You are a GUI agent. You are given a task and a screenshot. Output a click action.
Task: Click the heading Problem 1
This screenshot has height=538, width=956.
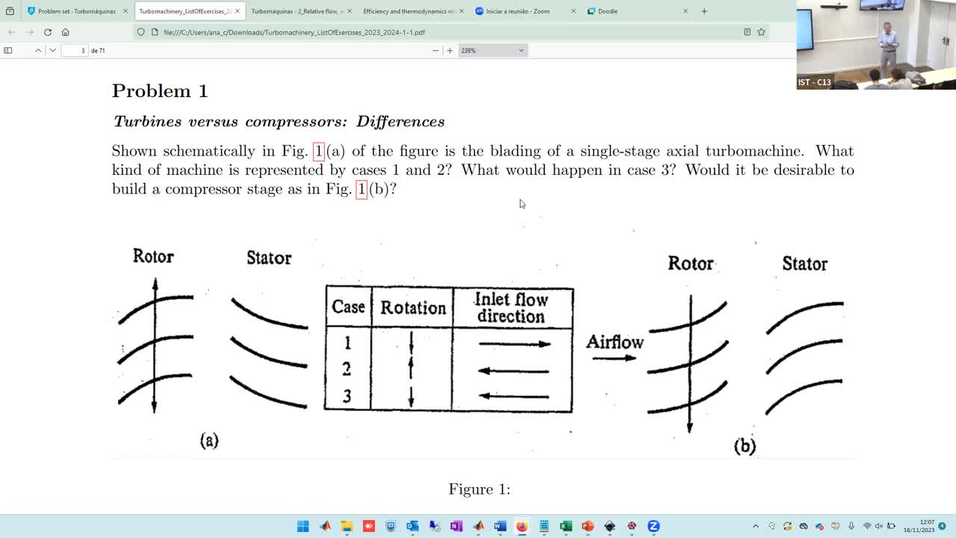point(160,91)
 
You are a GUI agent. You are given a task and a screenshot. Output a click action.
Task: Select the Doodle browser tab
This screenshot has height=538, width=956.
point(608,11)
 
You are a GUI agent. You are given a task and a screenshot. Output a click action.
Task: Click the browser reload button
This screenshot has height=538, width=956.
point(48,32)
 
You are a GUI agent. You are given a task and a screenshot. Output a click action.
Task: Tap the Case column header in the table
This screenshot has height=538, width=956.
point(348,307)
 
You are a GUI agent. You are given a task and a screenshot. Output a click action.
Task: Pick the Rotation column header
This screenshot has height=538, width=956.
point(412,308)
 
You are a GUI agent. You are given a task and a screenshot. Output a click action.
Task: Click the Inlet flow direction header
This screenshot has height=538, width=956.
point(512,308)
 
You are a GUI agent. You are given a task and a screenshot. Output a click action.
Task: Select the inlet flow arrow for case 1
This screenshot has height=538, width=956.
point(514,344)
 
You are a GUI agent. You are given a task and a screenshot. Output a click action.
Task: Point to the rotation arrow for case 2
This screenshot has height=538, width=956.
point(411,368)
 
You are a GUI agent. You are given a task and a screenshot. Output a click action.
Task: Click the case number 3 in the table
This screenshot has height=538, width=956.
point(347,397)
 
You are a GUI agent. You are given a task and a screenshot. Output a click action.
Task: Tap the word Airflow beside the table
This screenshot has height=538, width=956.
point(615,342)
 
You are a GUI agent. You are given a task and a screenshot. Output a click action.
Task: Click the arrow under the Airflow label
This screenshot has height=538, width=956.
point(614,358)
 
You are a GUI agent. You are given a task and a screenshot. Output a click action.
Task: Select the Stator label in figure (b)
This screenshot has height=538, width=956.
point(804,265)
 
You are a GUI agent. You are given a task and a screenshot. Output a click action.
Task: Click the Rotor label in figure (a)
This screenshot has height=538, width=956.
point(153,256)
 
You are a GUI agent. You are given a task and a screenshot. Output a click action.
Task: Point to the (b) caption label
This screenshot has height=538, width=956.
point(745,447)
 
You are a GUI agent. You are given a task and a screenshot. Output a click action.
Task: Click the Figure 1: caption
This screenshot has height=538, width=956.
point(479,489)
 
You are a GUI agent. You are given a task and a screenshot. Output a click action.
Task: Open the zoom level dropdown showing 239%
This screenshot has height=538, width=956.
point(492,50)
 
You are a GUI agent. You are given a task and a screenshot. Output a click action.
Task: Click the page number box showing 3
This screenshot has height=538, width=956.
point(75,50)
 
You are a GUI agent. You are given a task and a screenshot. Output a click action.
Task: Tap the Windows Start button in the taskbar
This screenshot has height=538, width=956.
point(302,526)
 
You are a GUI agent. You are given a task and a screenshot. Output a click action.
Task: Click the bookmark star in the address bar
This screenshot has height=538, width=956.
point(761,32)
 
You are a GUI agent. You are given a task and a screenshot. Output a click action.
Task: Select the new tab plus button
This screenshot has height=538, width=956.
point(704,11)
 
